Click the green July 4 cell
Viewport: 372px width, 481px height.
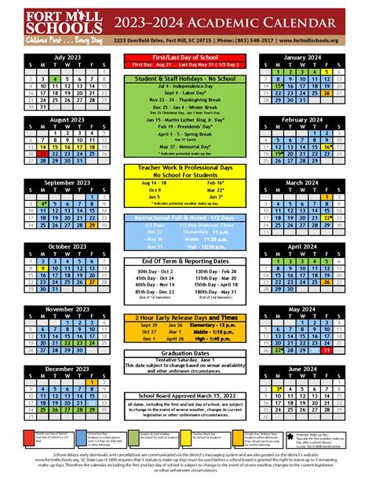53,79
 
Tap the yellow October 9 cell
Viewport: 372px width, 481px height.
42,268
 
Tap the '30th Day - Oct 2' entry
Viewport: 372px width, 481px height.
155,250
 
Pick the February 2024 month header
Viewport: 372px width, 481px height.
302,119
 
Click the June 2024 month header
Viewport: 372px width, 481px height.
302,368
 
